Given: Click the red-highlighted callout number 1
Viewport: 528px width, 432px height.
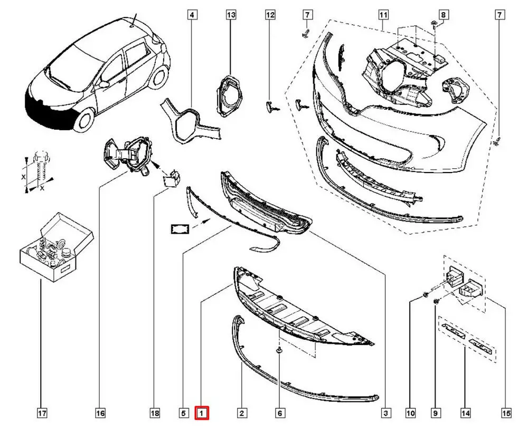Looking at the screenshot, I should (x=202, y=413).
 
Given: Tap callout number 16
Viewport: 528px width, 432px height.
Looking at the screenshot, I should (x=100, y=413).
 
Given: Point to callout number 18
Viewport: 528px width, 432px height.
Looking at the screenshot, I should (x=155, y=413).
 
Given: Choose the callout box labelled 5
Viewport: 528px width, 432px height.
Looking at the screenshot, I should (x=183, y=413).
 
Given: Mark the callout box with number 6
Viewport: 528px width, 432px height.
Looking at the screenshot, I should (x=280, y=413).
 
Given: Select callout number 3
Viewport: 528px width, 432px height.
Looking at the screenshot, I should (x=387, y=413).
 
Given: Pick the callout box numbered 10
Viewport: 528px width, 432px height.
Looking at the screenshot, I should (x=411, y=413).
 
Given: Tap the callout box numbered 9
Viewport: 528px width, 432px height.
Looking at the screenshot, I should (x=436, y=413).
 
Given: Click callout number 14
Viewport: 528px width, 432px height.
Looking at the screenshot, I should (x=465, y=413).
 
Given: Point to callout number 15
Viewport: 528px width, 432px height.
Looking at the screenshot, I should (x=506, y=413).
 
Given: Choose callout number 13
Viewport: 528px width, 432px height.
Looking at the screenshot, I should (x=231, y=15).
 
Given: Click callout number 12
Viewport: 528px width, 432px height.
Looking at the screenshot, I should (x=270, y=15).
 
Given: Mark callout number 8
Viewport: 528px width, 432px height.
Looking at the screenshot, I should (x=444, y=15).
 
